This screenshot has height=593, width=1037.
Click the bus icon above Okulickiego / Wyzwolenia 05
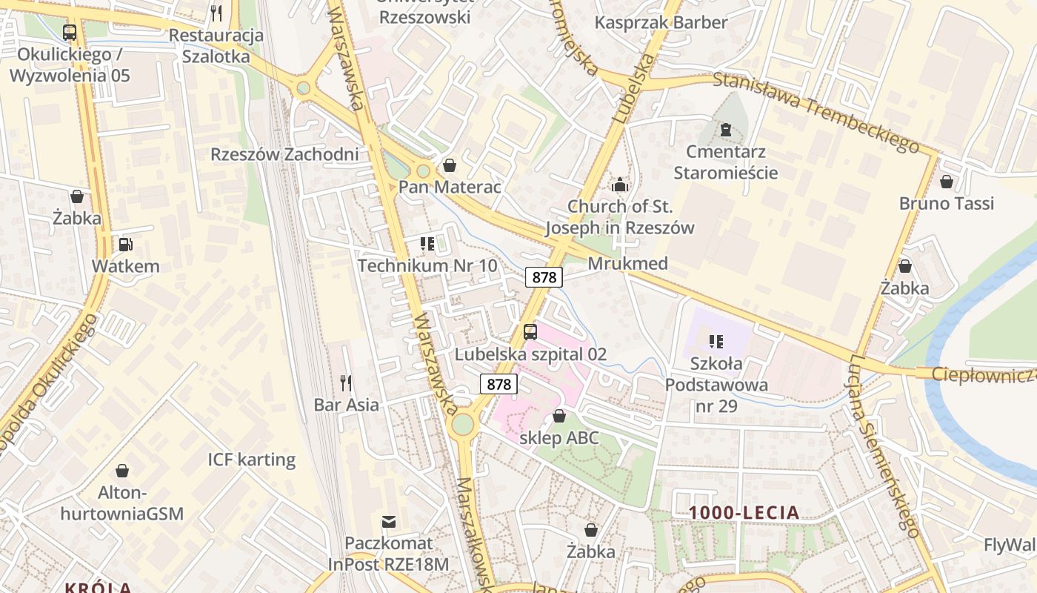pyautogui.click(x=70, y=33)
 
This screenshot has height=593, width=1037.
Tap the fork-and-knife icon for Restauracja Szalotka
pyautogui.click(x=216, y=13)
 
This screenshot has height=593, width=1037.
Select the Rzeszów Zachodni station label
pyautogui.click(x=284, y=154)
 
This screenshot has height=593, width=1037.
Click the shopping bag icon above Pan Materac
pyautogui.click(x=449, y=165)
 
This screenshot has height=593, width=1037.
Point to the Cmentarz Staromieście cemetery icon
pyautogui.click(x=725, y=130)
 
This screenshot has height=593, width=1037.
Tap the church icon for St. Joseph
pyautogui.click(x=619, y=185)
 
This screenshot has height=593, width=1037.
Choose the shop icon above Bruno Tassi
pyautogui.click(x=946, y=182)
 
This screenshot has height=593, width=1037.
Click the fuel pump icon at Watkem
pyautogui.click(x=125, y=244)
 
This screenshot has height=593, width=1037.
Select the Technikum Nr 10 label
pyautogui.click(x=427, y=265)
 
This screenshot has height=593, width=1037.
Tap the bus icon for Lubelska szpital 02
pyautogui.click(x=530, y=332)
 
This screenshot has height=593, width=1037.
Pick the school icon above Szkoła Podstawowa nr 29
pyautogui.click(x=716, y=342)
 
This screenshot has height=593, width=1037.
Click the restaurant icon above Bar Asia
pyautogui.click(x=346, y=382)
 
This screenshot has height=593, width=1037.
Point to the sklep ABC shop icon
pyautogui.click(x=559, y=417)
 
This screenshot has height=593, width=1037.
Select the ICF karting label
pyautogui.click(x=251, y=460)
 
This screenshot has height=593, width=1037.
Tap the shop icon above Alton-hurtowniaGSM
pyautogui.click(x=122, y=471)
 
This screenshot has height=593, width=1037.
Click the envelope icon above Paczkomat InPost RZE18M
pyautogui.click(x=389, y=522)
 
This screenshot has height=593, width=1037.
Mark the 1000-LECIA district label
pyautogui.click(x=744, y=512)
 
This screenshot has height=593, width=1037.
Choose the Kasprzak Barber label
pyautogui.click(x=661, y=22)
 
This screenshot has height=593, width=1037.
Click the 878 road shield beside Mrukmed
pyautogui.click(x=544, y=277)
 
